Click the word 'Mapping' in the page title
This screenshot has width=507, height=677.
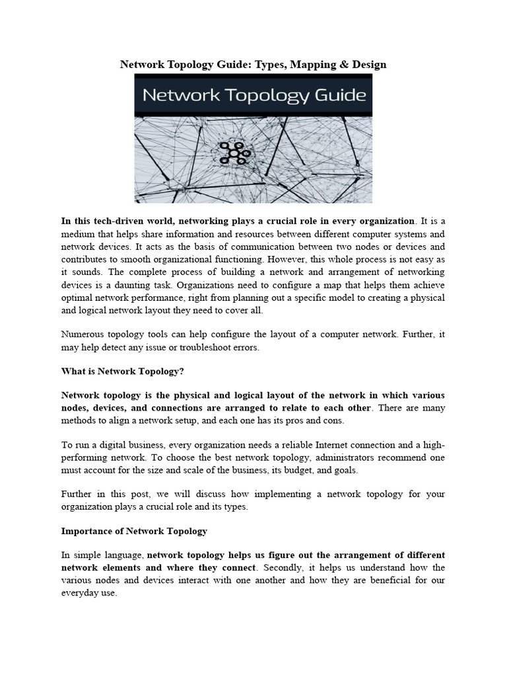(x=312, y=64)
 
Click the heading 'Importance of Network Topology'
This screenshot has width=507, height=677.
(x=134, y=530)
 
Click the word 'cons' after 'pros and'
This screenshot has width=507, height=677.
(x=334, y=420)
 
